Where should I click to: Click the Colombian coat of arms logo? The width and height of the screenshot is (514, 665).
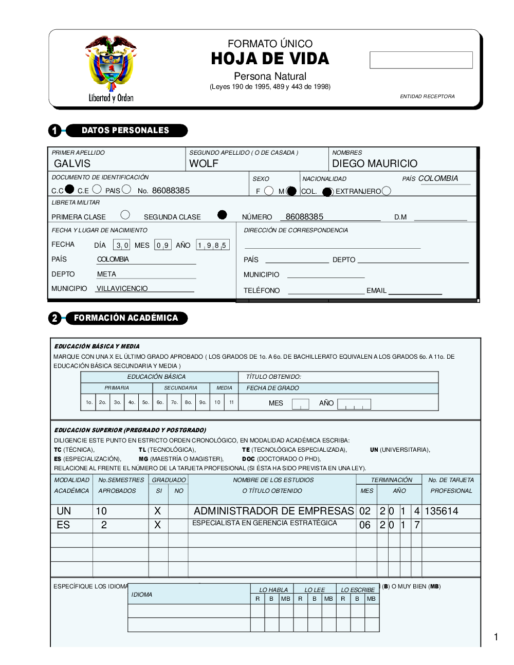tap(111, 64)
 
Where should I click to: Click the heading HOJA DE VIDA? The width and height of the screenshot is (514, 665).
tap(270, 59)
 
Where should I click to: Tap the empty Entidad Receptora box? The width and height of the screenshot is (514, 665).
tap(421, 60)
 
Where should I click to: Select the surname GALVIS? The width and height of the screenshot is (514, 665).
tap(72, 163)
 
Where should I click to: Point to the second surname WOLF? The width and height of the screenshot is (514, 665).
tap(204, 163)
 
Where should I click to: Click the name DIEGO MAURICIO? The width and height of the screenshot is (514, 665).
tap(375, 163)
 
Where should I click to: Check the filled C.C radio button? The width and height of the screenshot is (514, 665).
tap(69, 189)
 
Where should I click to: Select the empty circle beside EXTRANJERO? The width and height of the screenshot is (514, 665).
tap(387, 191)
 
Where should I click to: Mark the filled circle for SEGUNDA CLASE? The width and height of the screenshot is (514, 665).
tap(222, 215)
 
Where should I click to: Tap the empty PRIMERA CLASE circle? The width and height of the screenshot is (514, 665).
tap(125, 215)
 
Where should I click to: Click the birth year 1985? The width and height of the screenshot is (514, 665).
tap(212, 245)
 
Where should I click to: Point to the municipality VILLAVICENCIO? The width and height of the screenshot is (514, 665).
tap(122, 289)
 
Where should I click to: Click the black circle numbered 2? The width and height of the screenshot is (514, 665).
tap(54, 318)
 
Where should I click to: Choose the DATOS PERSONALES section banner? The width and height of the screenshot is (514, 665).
tap(126, 131)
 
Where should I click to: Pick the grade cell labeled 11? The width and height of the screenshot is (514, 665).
tap(231, 402)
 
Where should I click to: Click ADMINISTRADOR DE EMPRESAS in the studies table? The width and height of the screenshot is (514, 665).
tap(273, 511)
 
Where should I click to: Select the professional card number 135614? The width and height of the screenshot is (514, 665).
tap(442, 511)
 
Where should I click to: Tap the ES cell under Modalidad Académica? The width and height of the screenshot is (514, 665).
tap(63, 525)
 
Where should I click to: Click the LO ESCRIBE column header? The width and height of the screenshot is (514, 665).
tap(358, 590)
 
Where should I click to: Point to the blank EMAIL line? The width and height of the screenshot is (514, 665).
tap(415, 291)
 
